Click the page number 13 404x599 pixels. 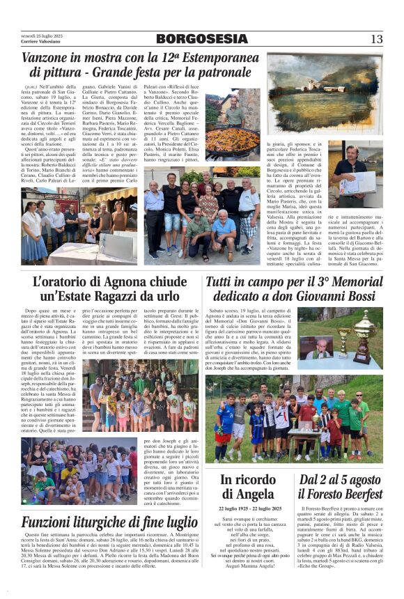tap(376, 39)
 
